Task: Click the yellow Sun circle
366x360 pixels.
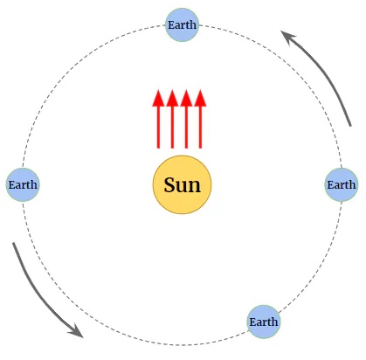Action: [183, 184]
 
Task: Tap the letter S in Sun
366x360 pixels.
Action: [169, 184]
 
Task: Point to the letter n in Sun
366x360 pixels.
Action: [195, 187]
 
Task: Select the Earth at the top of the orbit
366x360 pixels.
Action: [182, 24]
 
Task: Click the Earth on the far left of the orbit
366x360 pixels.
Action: [23, 184]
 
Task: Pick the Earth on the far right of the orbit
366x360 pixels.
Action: [342, 184]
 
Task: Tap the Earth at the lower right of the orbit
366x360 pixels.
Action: [264, 322]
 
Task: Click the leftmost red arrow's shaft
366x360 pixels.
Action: [158, 128]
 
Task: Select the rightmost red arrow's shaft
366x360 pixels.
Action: [200, 128]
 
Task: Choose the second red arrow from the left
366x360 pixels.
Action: [172, 119]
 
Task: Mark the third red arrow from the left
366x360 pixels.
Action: [186, 119]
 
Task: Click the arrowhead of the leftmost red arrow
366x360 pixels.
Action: [158, 98]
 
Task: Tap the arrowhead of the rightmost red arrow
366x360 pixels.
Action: [200, 98]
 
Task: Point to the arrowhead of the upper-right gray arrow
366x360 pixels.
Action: [287, 37]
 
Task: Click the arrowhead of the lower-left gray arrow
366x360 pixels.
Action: [77, 331]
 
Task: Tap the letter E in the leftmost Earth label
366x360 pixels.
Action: [11, 185]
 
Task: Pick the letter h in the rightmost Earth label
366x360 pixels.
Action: [352, 184]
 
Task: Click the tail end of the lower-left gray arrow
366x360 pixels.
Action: [14, 243]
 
